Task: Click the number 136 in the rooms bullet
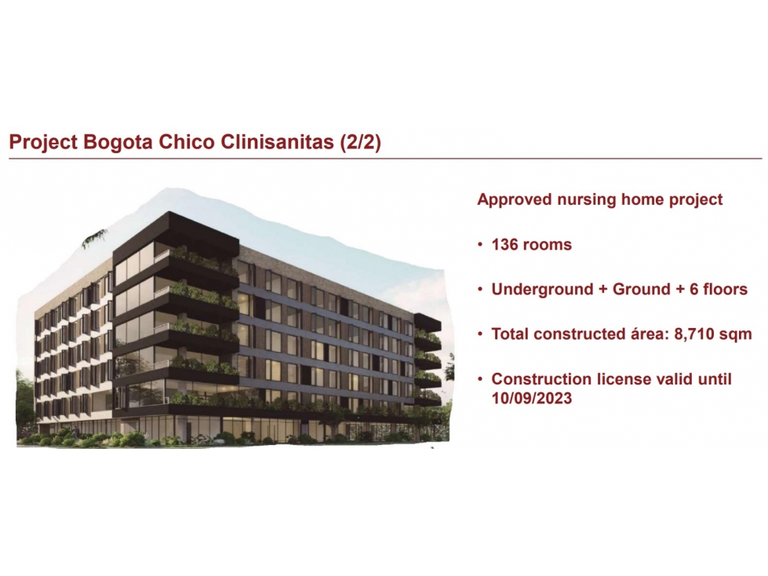pos(506,244)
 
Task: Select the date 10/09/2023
pos(532,398)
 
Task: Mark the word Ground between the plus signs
pos(642,290)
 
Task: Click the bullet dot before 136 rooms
pos(481,245)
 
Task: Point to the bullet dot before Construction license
pos(481,379)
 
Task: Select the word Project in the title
pos(44,143)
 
